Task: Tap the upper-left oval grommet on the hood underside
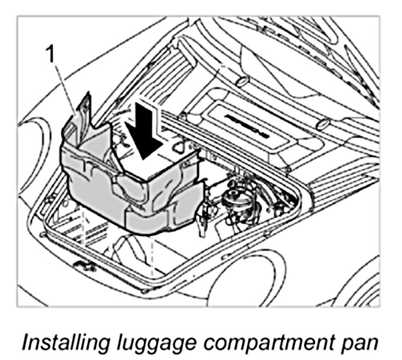tap(240, 82)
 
